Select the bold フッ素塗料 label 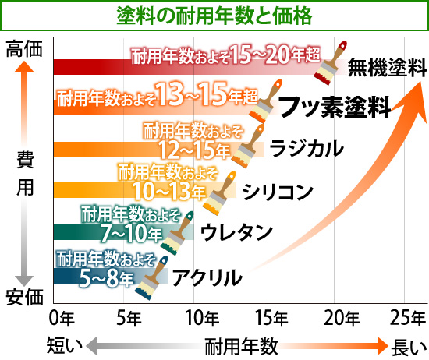334,106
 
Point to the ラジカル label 307,147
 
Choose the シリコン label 278,189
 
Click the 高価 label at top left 23,48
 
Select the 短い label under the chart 62,344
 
